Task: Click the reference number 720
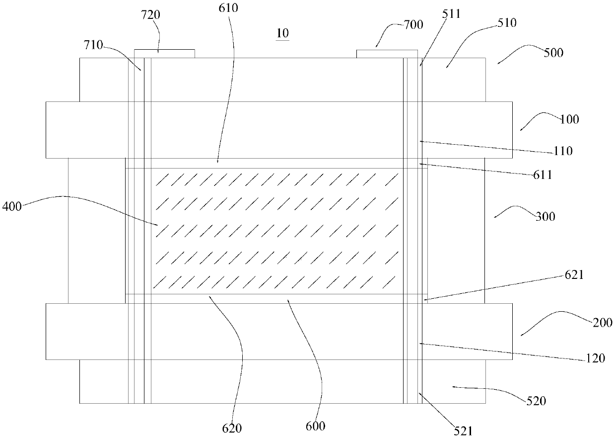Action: [150, 15]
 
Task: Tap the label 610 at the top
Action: [228, 8]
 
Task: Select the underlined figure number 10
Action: [282, 33]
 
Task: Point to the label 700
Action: [413, 25]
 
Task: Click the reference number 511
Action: [451, 14]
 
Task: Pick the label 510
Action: [507, 23]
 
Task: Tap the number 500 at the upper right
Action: [553, 53]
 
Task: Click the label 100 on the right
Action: [569, 119]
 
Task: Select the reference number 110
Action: [563, 151]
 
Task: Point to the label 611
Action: [543, 175]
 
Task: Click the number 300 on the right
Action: [546, 217]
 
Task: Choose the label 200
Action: [603, 323]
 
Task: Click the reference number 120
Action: [596, 358]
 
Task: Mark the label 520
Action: [536, 401]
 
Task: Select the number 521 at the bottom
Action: [463, 431]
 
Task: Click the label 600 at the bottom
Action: [316, 427]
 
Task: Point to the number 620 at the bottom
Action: [232, 429]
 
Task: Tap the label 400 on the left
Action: [12, 206]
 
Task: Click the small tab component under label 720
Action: [164, 54]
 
